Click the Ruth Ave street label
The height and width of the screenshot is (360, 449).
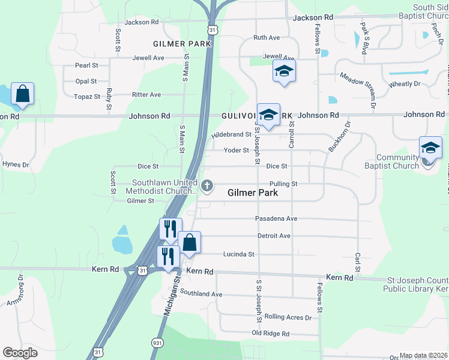click(267, 37)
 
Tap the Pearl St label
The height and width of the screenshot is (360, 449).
click(86, 65)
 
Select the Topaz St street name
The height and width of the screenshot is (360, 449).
click(87, 97)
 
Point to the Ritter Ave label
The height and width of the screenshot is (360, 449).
click(146, 95)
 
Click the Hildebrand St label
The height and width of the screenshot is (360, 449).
click(231, 135)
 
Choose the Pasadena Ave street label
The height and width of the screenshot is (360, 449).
click(276, 218)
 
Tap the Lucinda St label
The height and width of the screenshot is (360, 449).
click(239, 254)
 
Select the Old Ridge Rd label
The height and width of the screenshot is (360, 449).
click(270, 334)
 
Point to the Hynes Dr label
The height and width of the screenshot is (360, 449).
click(16, 164)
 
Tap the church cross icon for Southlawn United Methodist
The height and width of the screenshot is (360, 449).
click(208, 186)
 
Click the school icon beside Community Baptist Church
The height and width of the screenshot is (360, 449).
click(430, 148)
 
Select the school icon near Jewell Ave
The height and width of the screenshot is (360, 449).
click(285, 71)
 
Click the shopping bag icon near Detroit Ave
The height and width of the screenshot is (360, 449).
click(189, 243)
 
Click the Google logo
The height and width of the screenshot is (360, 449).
click(20, 353)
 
